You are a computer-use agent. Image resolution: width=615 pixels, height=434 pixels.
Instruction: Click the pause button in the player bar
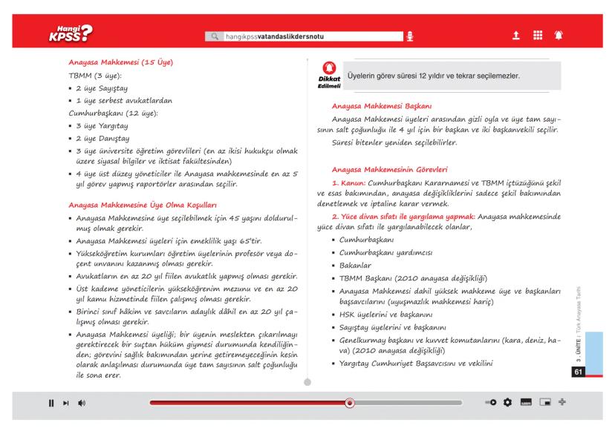(x=51, y=404)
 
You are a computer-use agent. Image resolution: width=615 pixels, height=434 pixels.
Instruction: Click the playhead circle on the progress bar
(x=350, y=404)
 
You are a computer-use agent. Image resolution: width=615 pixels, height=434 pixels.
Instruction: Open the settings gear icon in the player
(x=509, y=404)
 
